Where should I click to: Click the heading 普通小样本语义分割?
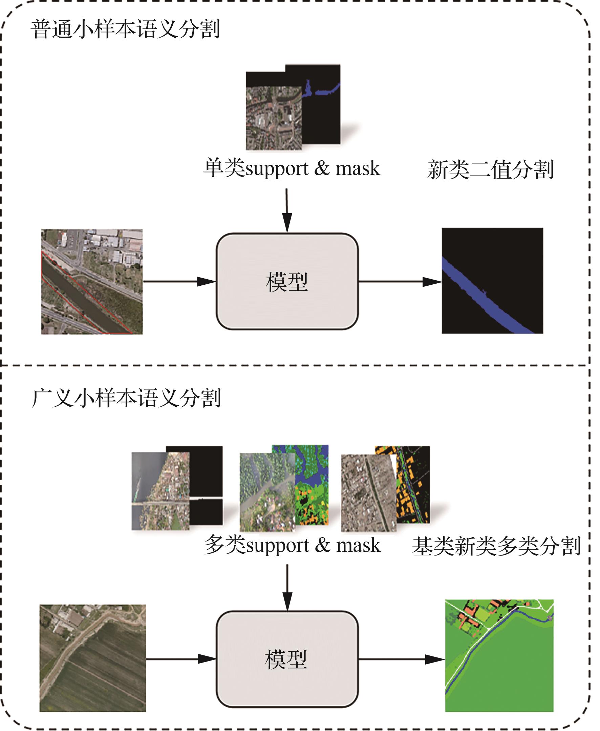click(125, 29)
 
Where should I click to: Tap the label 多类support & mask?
click(293, 546)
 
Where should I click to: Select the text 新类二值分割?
click(490, 169)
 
